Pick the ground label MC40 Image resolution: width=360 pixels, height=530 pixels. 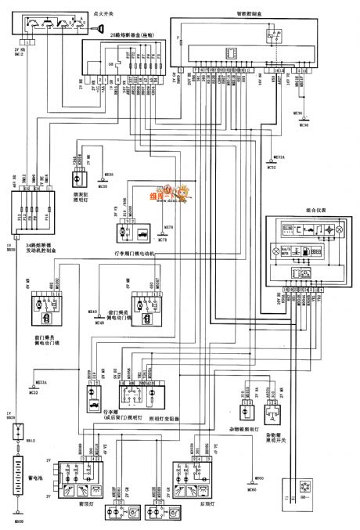(x=99, y=322)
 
